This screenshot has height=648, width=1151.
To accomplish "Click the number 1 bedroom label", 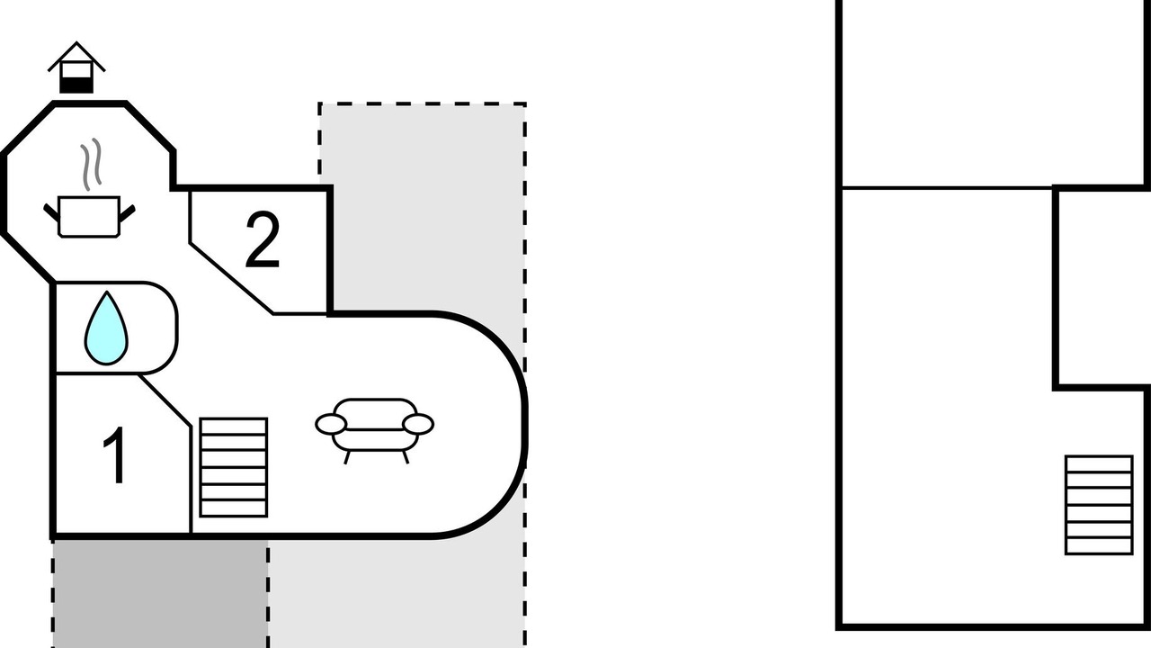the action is click(x=115, y=454).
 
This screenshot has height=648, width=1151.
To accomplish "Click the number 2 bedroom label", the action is click(x=263, y=239).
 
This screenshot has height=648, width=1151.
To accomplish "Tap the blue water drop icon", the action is click(x=106, y=328).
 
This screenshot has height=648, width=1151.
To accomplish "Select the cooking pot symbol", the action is click(x=89, y=217).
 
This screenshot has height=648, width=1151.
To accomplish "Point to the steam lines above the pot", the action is click(x=91, y=164).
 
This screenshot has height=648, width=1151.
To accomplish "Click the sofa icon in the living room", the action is click(x=375, y=430).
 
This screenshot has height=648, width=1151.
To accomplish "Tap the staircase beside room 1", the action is click(x=234, y=467).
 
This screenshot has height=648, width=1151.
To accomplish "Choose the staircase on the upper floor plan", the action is click(x=1099, y=505).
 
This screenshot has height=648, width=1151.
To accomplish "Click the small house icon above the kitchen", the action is click(x=76, y=67).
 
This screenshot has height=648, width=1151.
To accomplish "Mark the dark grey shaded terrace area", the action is click(x=160, y=594).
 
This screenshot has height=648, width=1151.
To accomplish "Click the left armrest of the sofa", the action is click(x=331, y=425).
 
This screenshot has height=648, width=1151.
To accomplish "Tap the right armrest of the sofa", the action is click(x=418, y=425).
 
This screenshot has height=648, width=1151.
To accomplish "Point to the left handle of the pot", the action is click(x=51, y=211).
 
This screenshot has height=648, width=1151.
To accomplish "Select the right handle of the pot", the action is click(x=128, y=211).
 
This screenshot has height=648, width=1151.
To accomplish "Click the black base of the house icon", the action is click(x=76, y=85).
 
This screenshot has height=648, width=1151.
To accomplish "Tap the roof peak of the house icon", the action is click(x=76, y=42).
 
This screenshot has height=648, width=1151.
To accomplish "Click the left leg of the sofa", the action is click(x=347, y=457).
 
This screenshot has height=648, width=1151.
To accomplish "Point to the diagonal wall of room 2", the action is click(x=231, y=278).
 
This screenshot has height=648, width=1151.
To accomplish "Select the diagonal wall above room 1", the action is click(x=165, y=400).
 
